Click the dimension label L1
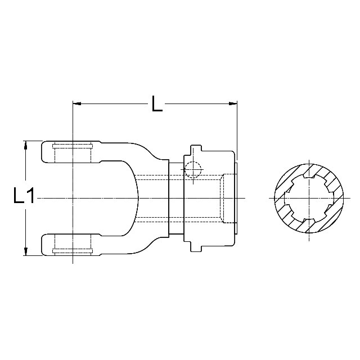[24, 197]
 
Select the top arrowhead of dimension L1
[25, 145]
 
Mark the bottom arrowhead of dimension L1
[25, 251]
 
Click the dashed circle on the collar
[192, 169]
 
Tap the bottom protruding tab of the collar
[195, 247]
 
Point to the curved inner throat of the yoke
[135, 197]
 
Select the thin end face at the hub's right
[236, 197]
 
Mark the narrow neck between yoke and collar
[176, 197]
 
